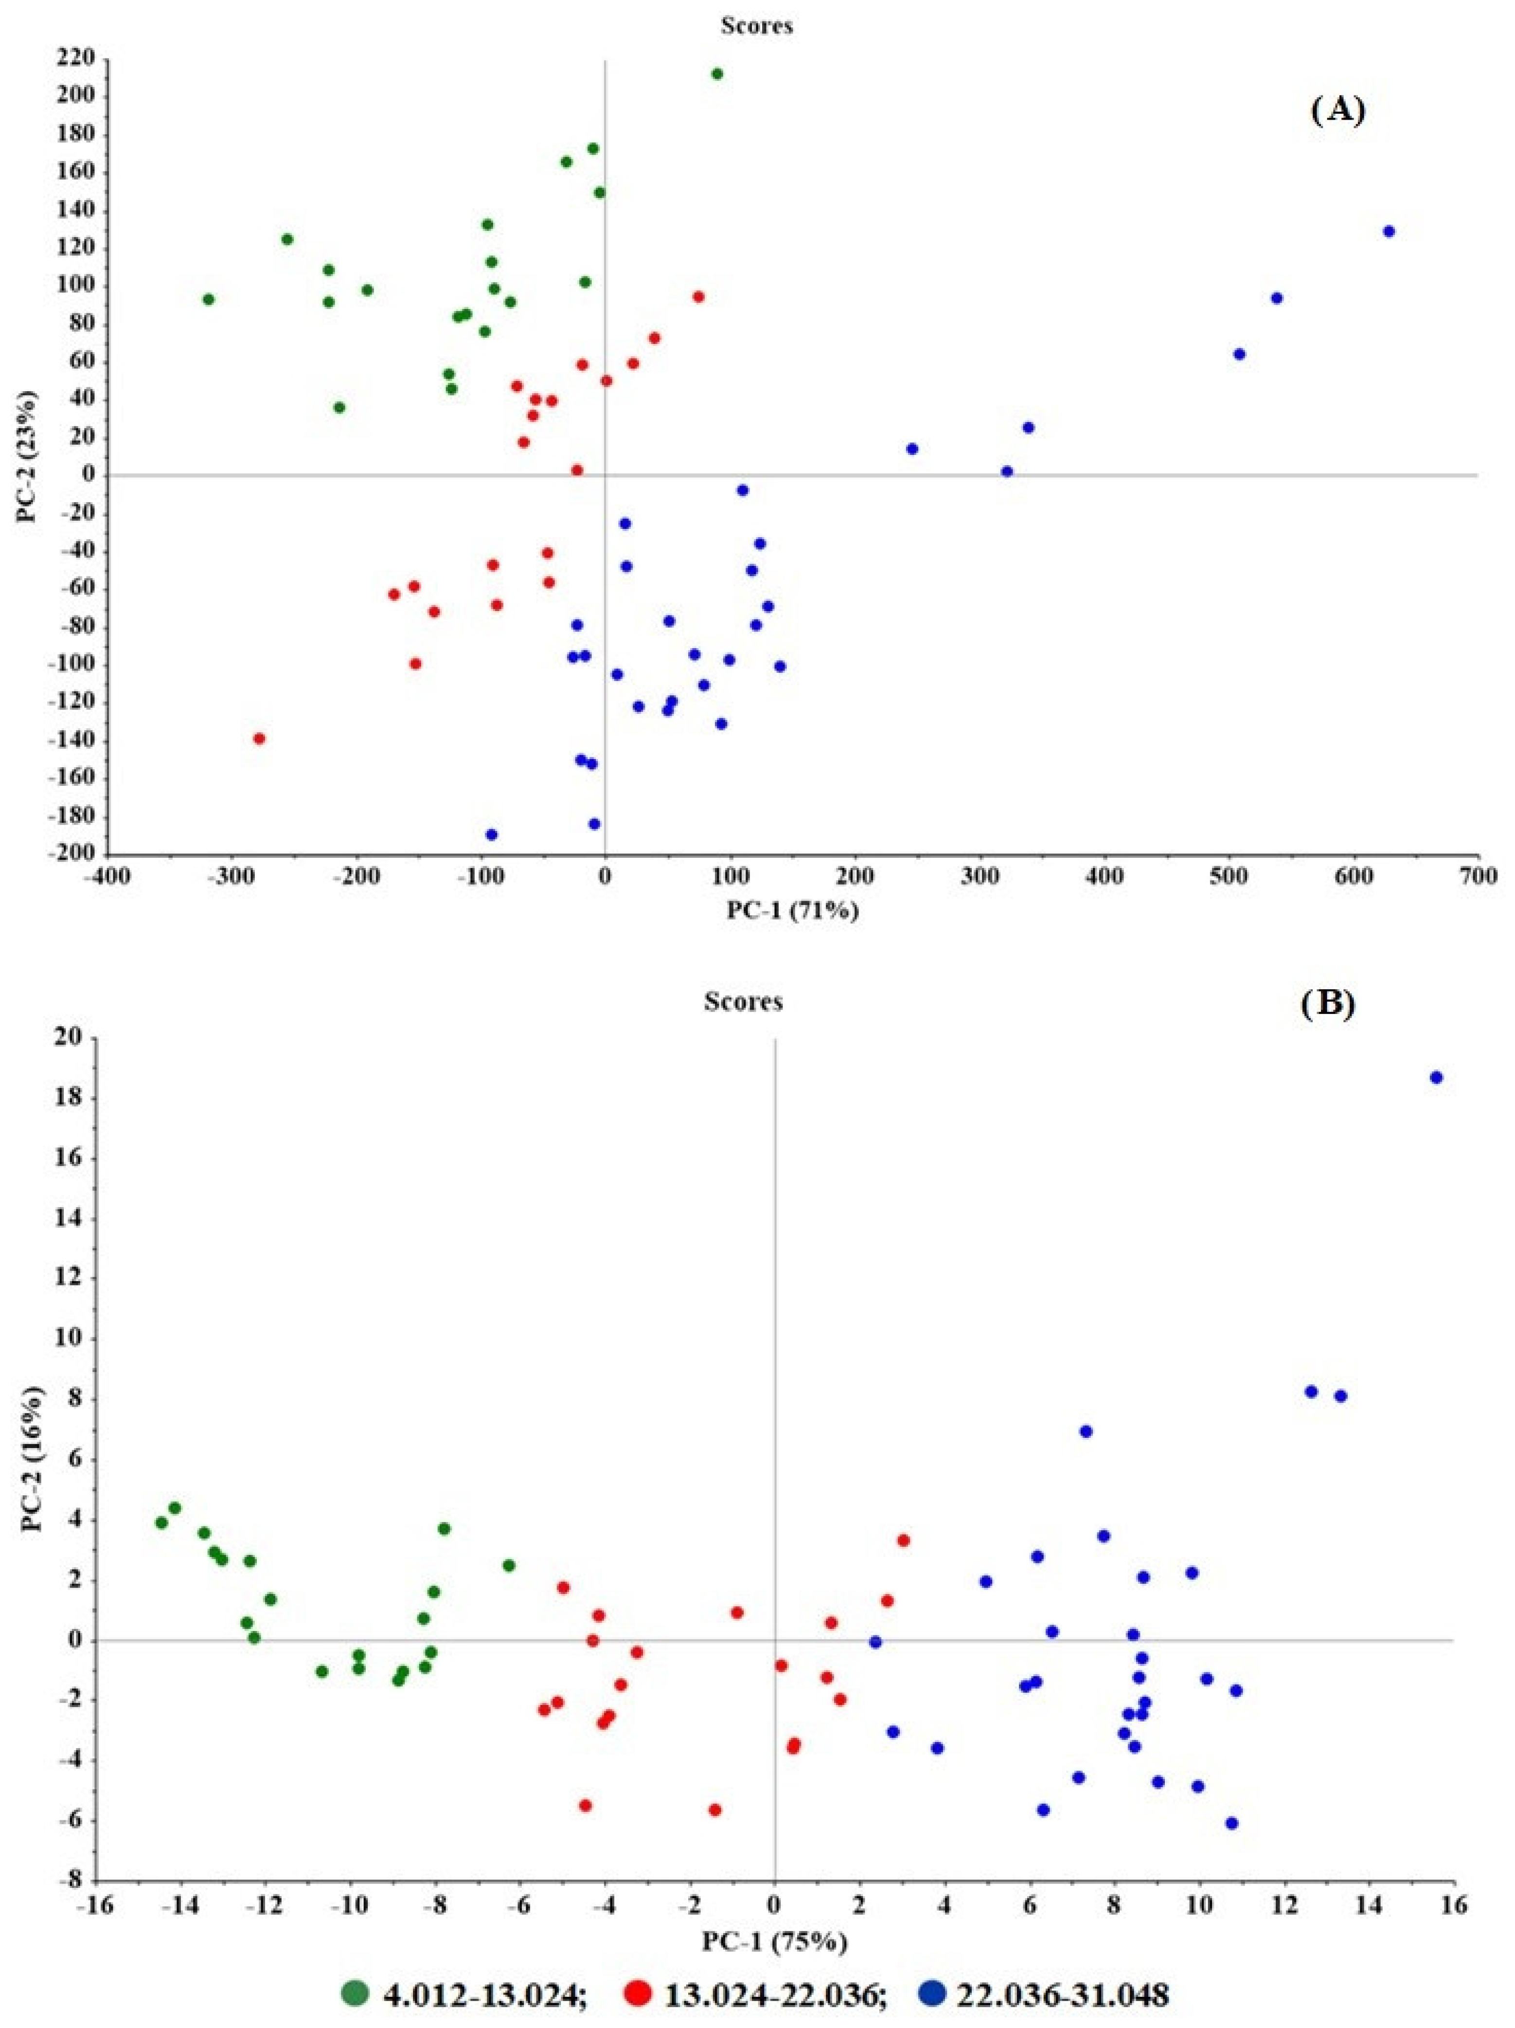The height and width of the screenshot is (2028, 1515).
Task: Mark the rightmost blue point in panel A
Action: coord(1389,232)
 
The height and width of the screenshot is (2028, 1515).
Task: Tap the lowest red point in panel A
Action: coord(259,738)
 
